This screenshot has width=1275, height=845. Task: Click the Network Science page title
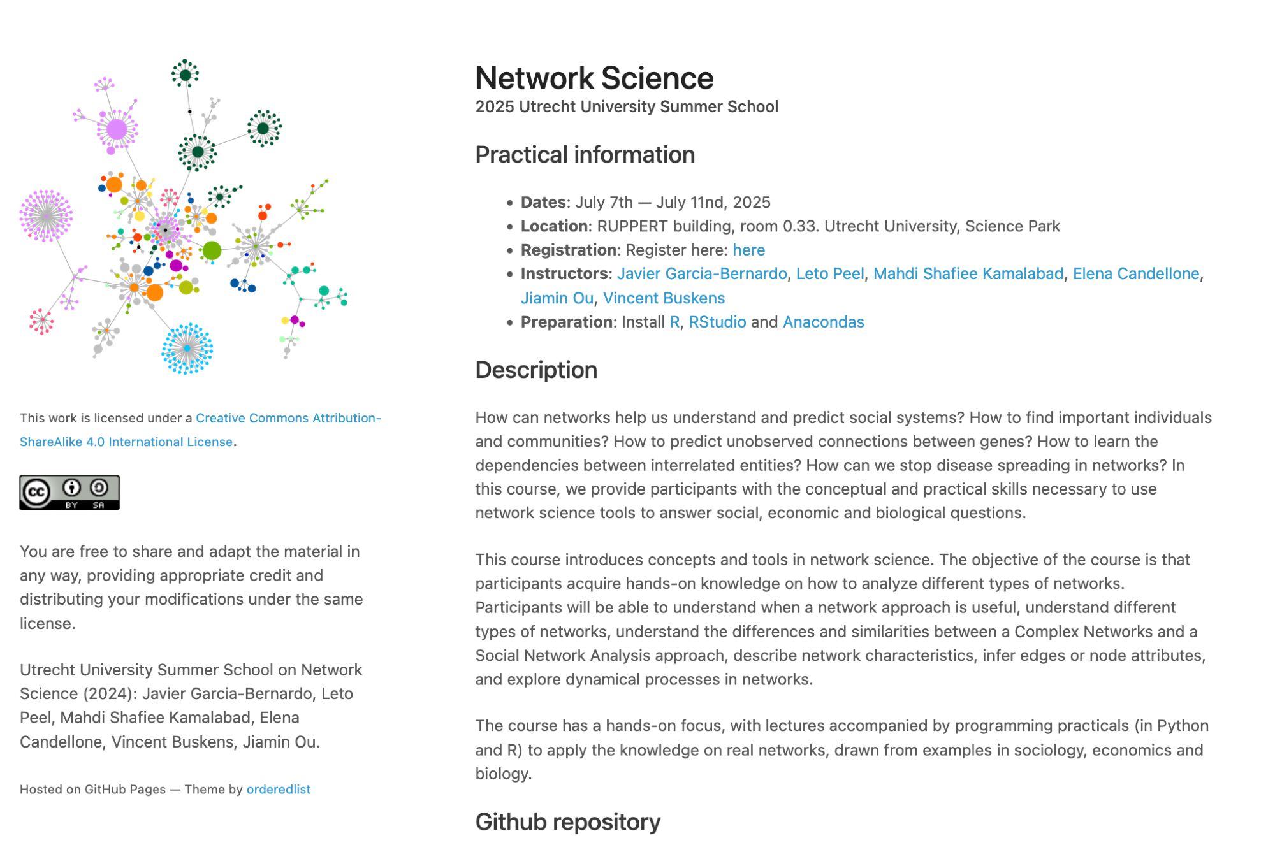[594, 78]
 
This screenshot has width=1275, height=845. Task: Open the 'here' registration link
[748, 250]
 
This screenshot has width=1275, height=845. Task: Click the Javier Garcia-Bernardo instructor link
[702, 274]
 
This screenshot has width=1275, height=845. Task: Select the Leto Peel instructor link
[830, 274]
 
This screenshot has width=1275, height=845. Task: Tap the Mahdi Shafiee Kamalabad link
[968, 274]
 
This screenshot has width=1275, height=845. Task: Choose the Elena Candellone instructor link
[1136, 274]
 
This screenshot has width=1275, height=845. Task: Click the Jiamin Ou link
[557, 298]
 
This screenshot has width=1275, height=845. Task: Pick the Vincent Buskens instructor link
[664, 298]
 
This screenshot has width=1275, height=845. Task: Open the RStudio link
[717, 322]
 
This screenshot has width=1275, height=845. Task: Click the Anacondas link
[823, 322]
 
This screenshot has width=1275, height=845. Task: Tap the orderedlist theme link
[278, 790]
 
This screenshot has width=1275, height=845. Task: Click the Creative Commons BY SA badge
[69, 493]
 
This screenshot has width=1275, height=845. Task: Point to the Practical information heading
[585, 155]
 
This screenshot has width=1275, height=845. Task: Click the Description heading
[536, 370]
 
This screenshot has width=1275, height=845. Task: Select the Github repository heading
[567, 822]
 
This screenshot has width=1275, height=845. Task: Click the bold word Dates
[543, 202]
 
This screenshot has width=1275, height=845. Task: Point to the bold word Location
[554, 226]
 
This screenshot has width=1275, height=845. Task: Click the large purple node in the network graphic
[117, 129]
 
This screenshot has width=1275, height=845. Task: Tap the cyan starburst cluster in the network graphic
[187, 349]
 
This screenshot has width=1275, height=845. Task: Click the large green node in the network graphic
[212, 250]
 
